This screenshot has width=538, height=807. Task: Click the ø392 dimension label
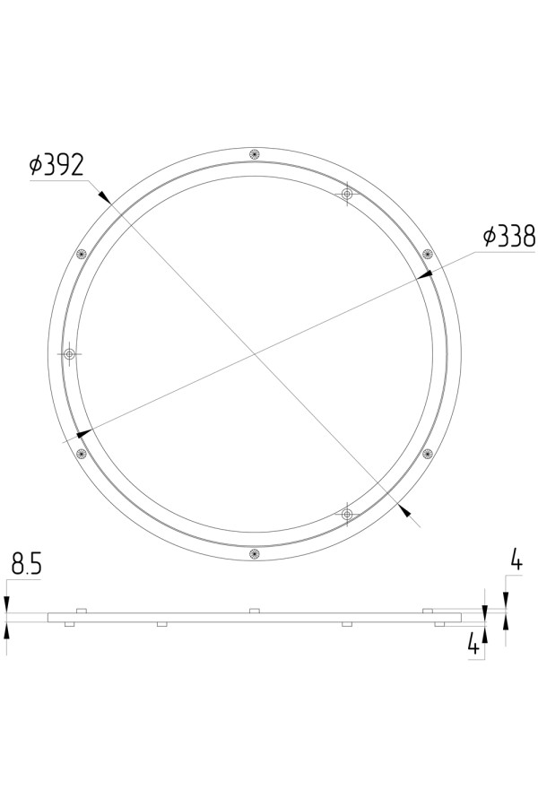coord(56,165)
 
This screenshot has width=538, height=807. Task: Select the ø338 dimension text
coord(509,236)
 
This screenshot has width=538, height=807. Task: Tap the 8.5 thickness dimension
coord(26,564)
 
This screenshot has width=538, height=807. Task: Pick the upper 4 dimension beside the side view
coord(516,560)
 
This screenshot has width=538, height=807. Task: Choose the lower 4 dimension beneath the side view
coord(473,643)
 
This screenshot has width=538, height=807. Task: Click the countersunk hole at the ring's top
coord(254,154)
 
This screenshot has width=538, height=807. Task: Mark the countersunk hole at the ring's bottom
coord(254,554)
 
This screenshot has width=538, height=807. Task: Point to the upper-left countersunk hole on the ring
coord(81,254)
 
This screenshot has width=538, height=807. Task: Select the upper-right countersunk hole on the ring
coord(428,254)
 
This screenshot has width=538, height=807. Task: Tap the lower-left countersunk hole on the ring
coord(81,454)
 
